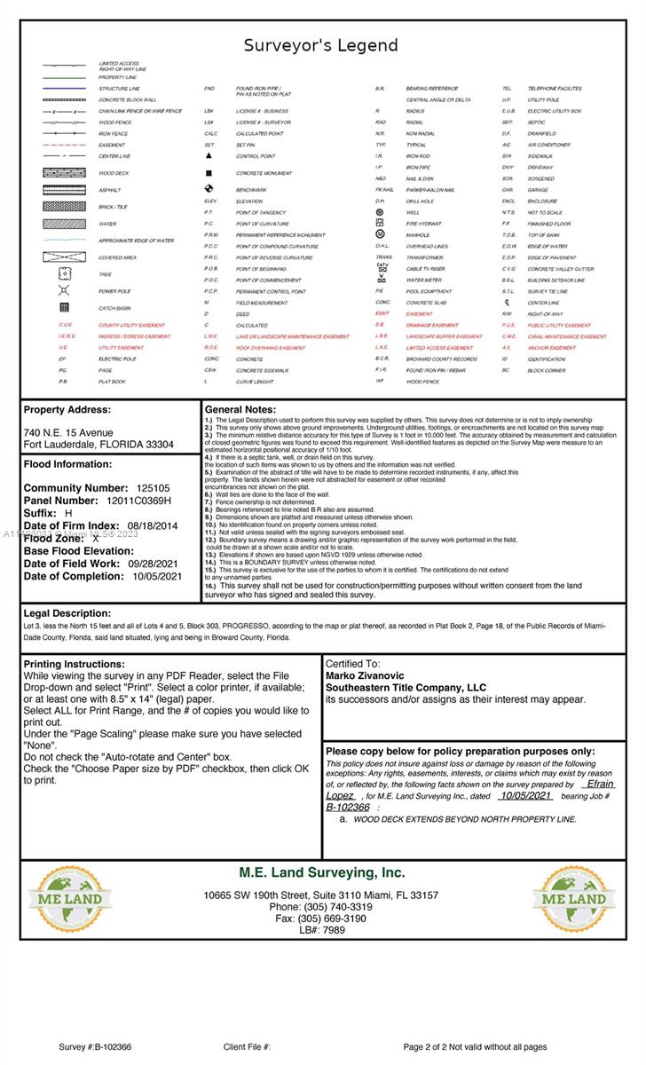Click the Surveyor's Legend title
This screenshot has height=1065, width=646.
(322, 45)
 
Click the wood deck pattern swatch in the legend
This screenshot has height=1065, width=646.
(64, 173)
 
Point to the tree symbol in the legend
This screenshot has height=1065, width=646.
(64, 274)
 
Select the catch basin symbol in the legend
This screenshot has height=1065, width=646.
(64, 308)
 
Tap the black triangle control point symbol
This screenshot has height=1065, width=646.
(209, 156)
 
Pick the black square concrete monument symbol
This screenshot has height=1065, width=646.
(209, 173)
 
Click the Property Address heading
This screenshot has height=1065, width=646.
(67, 410)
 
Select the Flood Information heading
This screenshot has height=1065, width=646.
(67, 464)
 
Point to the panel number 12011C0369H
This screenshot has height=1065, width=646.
(139, 501)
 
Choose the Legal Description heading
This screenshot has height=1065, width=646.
(67, 613)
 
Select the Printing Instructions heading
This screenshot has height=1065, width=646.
(75, 664)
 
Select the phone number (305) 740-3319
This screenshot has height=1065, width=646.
(321, 907)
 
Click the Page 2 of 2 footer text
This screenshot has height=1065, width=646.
(475, 1047)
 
